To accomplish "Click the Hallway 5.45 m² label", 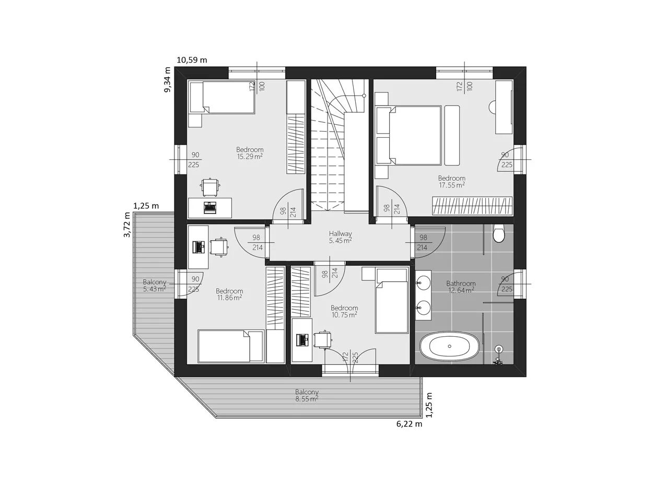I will click(340, 237).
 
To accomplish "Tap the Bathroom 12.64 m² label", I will click(460, 287).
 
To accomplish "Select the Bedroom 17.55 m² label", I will click(451, 181).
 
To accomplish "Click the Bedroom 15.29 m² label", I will click(250, 152).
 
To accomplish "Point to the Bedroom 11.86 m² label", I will click(229, 294).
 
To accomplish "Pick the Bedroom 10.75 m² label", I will click(344, 311).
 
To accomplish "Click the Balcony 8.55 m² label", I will click(307, 395).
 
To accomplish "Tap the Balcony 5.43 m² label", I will click(155, 285).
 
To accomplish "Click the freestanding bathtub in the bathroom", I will click(450, 346).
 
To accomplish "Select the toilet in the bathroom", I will click(498, 234).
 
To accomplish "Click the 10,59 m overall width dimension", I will click(192, 60).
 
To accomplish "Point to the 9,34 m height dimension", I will click(167, 80).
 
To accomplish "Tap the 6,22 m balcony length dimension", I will click(409, 424).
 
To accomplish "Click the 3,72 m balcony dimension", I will click(126, 224).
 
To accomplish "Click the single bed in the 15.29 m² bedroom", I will click(222, 97).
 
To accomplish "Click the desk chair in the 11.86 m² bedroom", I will click(219, 247).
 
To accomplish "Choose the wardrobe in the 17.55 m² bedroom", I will click(472, 206).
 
